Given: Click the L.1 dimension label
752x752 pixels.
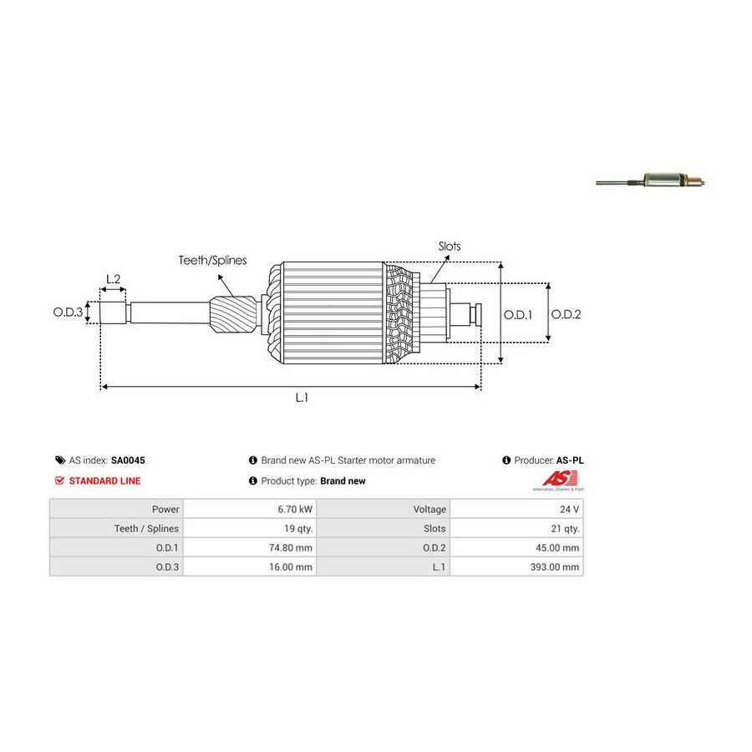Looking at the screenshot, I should [x=302, y=399].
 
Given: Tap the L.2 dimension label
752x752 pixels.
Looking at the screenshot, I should [x=113, y=278].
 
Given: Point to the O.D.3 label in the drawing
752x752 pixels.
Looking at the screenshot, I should [x=68, y=312].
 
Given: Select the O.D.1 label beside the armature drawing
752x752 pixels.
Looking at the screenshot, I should [x=518, y=314].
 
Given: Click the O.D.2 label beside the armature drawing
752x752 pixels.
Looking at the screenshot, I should [x=566, y=314].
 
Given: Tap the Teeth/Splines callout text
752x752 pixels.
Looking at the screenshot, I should [x=212, y=261].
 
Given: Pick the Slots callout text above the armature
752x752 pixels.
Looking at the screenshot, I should [x=450, y=246].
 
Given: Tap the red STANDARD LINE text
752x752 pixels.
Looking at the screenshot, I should [x=104, y=481].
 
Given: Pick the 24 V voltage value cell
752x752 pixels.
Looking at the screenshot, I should [x=568, y=509].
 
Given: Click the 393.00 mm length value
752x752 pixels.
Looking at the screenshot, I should [x=553, y=567].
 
